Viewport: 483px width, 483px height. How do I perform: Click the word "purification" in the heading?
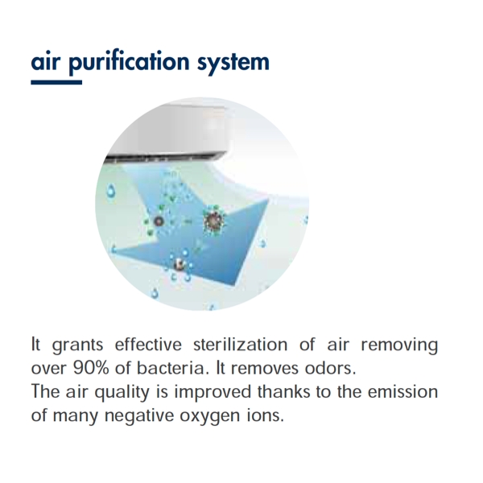click(129, 63)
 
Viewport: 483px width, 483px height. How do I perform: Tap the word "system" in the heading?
click(233, 64)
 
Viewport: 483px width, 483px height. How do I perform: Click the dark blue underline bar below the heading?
click(56, 82)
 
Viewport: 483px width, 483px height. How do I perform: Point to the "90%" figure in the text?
click(91, 368)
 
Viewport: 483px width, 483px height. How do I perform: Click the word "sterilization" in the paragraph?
click(240, 344)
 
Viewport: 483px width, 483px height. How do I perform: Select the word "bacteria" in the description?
click(171, 368)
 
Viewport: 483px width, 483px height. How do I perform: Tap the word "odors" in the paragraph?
click(330, 368)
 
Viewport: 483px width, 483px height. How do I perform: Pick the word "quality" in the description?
click(122, 393)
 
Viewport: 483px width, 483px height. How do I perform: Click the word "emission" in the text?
click(403, 391)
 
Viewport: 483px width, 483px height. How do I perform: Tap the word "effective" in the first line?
click(148, 344)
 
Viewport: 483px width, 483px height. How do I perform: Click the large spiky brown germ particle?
click(213, 221)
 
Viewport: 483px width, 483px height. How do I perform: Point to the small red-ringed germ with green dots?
click(159, 221)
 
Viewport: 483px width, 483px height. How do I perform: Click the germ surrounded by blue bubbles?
click(180, 265)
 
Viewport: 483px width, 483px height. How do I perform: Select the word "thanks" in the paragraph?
click(283, 391)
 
